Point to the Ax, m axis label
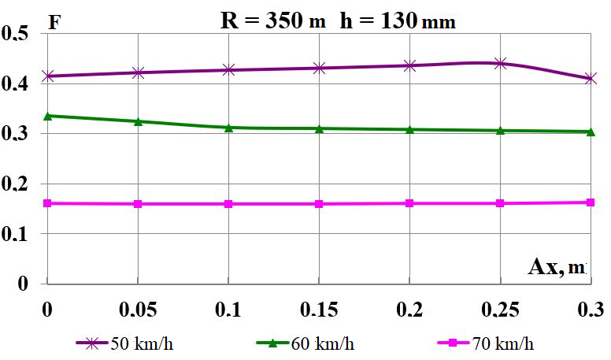coord(557,267)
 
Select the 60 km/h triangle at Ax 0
coord(48,116)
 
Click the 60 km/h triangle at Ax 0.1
coord(228,127)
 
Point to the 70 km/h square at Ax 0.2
coord(409,203)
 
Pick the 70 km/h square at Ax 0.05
coord(138,204)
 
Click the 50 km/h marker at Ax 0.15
coord(319,69)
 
